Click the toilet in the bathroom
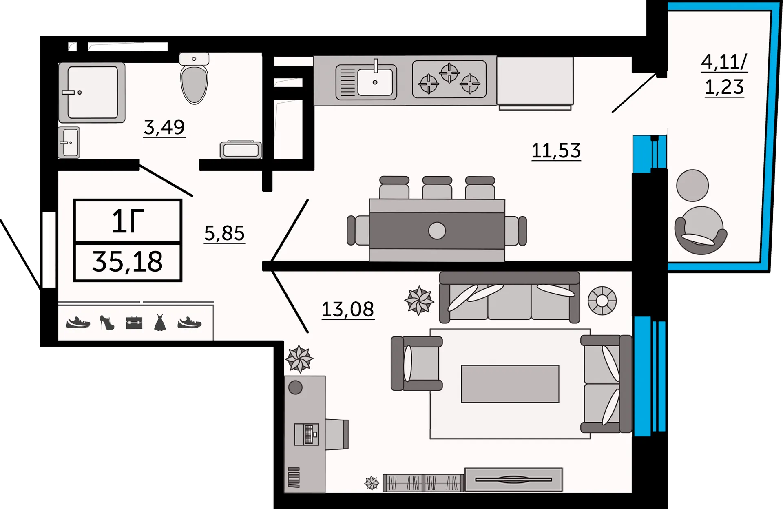pos(194,84)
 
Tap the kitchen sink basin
pos(375,82)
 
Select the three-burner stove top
pos(449,79)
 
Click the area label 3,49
pos(164,127)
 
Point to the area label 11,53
pos(556,151)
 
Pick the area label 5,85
pos(224,233)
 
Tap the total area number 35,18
pos(127,262)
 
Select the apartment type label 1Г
pos(127,221)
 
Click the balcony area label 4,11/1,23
pos(724,75)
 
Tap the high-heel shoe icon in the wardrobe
pos(107,323)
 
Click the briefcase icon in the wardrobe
pos(134,323)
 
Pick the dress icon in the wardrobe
pos(160,323)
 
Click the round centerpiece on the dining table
pos(437,231)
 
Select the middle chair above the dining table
pos(437,188)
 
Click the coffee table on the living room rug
pos(510,384)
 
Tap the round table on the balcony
pos(692,186)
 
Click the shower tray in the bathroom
pos(92,92)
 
